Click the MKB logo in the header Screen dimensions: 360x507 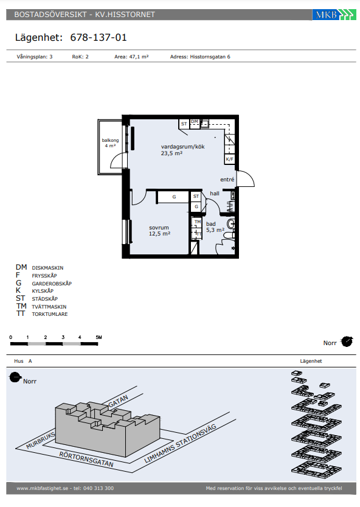[x=334, y=15]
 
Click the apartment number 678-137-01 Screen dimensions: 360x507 [x=99, y=38]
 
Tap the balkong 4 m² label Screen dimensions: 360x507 [x=110, y=143]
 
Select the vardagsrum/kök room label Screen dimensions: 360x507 [x=182, y=147]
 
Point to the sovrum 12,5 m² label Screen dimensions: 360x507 [x=159, y=231]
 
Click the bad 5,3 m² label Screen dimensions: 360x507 [x=215, y=227]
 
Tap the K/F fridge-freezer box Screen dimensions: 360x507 [x=229, y=159]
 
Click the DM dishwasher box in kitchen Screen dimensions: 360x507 [x=195, y=123]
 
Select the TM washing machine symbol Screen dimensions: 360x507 [x=198, y=222]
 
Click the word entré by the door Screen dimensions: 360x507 [x=227, y=180]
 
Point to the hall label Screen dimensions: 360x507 [x=215, y=194]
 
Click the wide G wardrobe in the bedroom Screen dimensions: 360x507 [x=173, y=197]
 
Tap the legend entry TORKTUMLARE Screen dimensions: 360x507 [x=49, y=314]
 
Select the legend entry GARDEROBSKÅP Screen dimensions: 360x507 [x=52, y=284]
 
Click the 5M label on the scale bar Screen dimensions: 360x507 [x=99, y=337]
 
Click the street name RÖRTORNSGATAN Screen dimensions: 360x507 [x=86, y=460]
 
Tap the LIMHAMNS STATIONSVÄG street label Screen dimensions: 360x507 [x=180, y=444]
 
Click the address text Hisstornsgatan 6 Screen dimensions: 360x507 [x=210, y=57]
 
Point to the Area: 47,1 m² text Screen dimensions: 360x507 [x=131, y=57]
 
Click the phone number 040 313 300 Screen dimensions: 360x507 [x=99, y=488]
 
